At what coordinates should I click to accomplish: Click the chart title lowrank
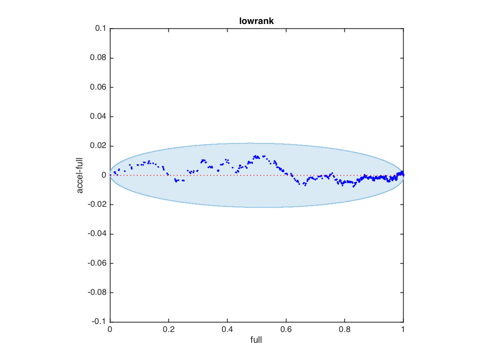click(x=256, y=22)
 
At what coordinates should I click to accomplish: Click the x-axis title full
click(x=256, y=340)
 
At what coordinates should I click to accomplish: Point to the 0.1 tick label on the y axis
click(x=100, y=29)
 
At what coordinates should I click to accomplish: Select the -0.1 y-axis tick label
click(x=99, y=322)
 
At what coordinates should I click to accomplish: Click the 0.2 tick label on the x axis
click(x=169, y=330)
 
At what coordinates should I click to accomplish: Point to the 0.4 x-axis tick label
click(x=227, y=330)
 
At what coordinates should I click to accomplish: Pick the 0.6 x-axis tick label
click(x=286, y=330)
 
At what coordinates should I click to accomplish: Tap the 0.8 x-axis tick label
click(x=344, y=330)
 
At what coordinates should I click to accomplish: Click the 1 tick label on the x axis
click(x=403, y=330)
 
